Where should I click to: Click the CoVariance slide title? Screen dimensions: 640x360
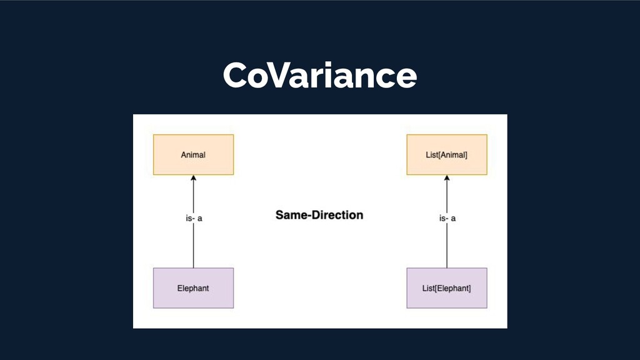(x=319, y=76)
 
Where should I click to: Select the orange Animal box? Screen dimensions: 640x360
(x=193, y=154)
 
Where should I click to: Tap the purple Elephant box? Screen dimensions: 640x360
(x=193, y=288)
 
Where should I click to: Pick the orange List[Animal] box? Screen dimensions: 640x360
(x=446, y=154)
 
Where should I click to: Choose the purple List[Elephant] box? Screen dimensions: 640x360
(x=446, y=288)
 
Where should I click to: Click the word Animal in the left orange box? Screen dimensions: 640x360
(x=193, y=154)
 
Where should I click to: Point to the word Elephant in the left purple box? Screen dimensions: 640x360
(x=193, y=288)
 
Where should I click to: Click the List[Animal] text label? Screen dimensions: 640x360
(x=446, y=154)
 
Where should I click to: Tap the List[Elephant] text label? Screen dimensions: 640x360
(x=446, y=288)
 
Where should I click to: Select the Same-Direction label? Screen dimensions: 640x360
(x=319, y=215)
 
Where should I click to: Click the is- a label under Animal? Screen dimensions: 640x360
(x=193, y=219)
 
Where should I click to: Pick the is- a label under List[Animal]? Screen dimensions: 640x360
(x=446, y=219)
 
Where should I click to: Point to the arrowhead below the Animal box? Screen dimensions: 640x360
(x=193, y=179)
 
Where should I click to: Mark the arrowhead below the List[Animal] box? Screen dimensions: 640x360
(x=446, y=179)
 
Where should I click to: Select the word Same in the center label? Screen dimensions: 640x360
(x=290, y=215)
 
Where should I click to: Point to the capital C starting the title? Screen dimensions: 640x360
(x=235, y=76)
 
